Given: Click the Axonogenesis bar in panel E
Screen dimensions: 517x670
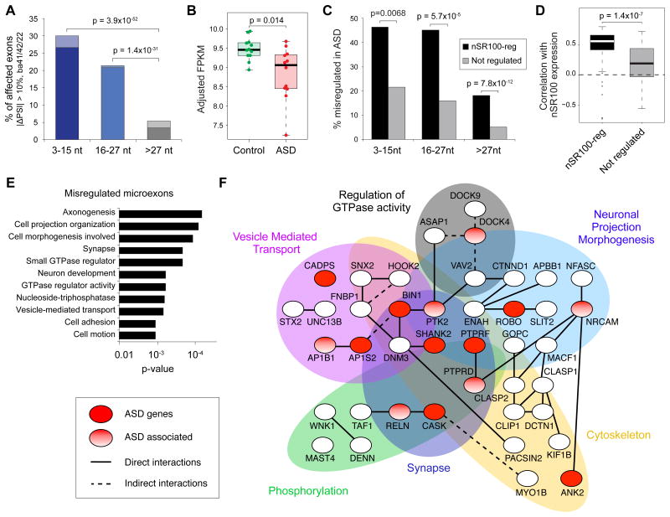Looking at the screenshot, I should pos(160,214).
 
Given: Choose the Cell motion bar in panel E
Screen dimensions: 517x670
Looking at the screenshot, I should pos(137,335).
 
